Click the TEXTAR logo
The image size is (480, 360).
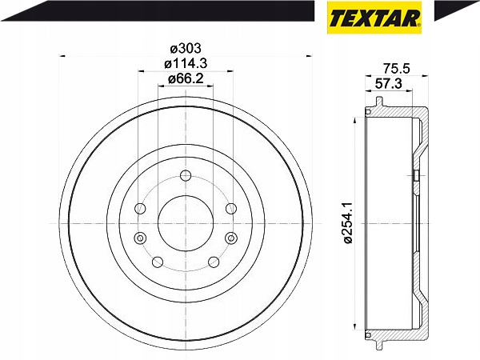coord(374,17)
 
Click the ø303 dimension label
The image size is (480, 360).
coord(186,48)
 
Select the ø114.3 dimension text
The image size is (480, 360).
coord(186,64)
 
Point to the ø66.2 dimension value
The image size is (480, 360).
coord(186,79)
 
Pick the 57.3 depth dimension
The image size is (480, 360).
coord(389,83)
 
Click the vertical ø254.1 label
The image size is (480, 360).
coord(349,222)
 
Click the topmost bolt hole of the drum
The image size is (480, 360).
coord(186,176)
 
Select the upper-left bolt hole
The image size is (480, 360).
coord(140,209)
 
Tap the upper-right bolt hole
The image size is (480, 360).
coord(231,209)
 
